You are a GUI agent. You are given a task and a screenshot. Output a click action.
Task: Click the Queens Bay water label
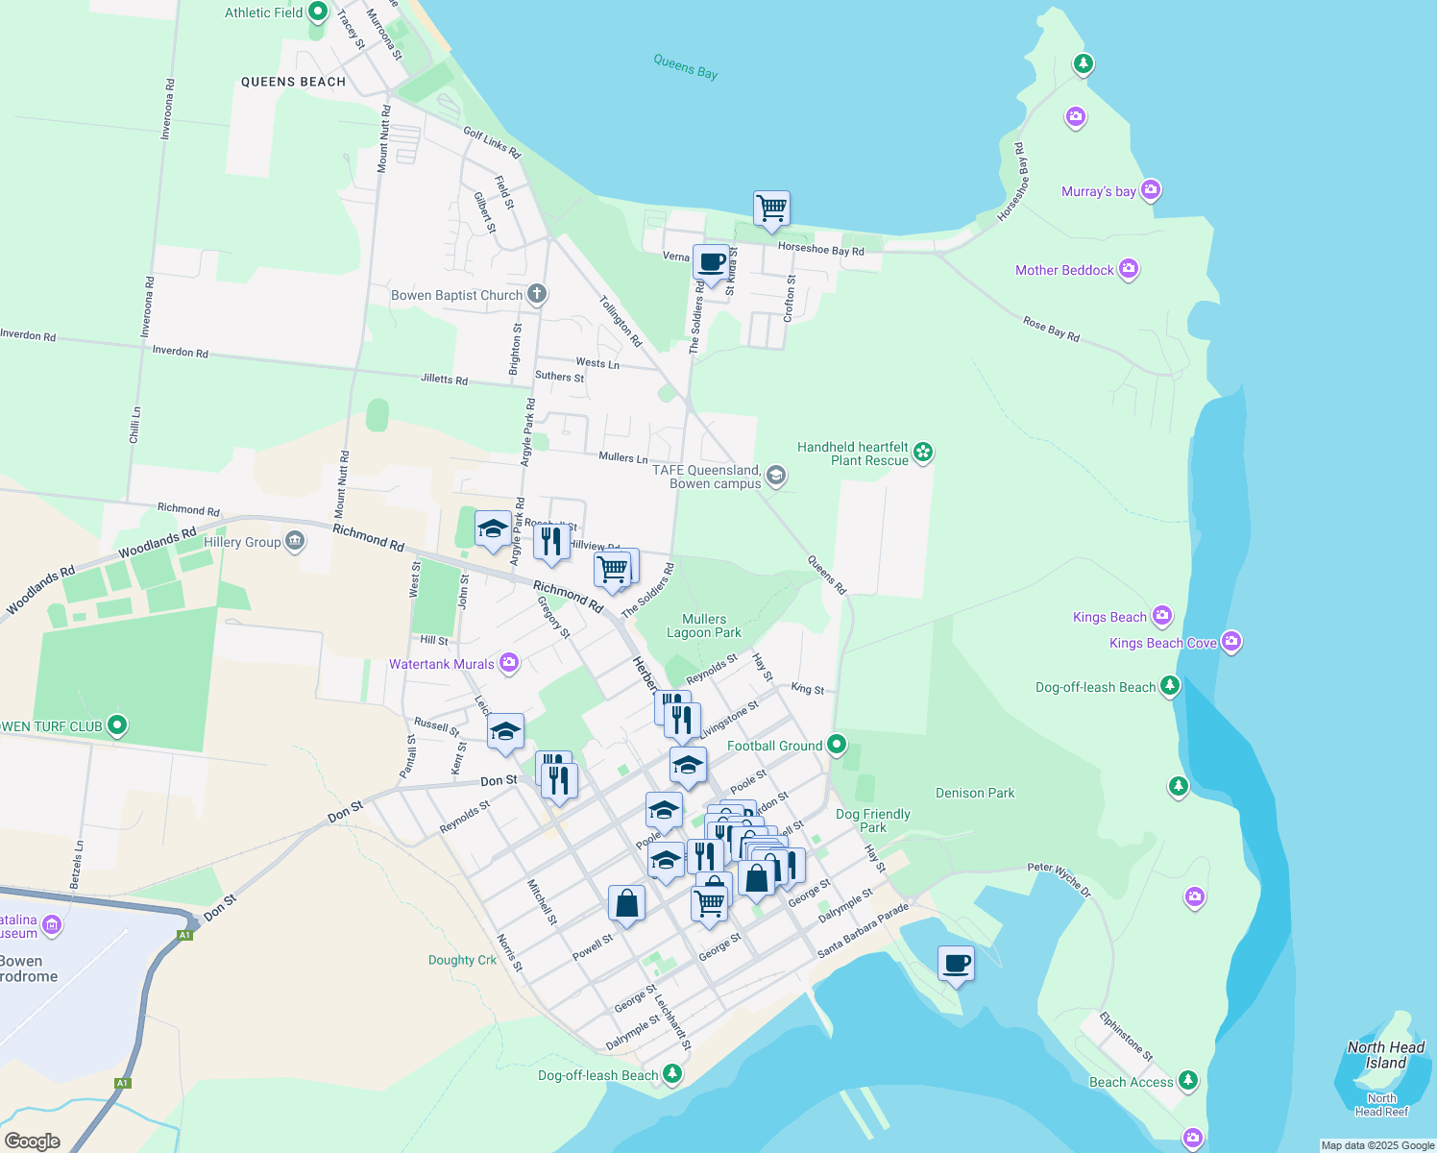pyautogui.click(x=686, y=66)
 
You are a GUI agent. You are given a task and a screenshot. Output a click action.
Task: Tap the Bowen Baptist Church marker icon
pyautogui.click(x=536, y=294)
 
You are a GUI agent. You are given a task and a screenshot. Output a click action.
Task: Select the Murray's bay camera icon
pyautogui.click(x=1151, y=190)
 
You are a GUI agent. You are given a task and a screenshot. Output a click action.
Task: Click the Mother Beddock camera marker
pyautogui.click(x=1129, y=269)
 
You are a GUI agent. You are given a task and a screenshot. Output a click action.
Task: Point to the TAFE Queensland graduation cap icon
pyautogui.click(x=776, y=476)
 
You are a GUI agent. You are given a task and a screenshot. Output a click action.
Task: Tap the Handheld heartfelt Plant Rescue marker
pyautogui.click(x=923, y=452)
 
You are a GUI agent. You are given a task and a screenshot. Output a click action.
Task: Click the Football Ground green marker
pyautogui.click(x=837, y=745)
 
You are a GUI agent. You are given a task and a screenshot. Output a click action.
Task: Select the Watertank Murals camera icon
pyautogui.click(x=509, y=663)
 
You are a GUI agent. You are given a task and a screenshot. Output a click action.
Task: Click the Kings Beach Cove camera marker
pyautogui.click(x=1231, y=642)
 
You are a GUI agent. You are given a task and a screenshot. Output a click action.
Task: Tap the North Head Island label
pyautogui.click(x=1385, y=1055)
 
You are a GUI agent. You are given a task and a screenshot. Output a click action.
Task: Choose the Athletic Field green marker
pyautogui.click(x=318, y=13)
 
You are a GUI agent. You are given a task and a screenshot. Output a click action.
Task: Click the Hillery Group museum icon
pyautogui.click(x=295, y=541)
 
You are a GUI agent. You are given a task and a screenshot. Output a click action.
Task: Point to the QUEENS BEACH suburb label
pyautogui.click(x=293, y=82)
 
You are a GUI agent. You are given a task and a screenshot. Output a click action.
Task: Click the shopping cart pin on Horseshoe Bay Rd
pyautogui.click(x=771, y=208)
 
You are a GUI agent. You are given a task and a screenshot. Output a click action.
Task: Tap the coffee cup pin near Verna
pyautogui.click(x=711, y=261)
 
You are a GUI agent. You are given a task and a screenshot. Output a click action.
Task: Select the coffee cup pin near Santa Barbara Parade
pyautogui.click(x=956, y=963)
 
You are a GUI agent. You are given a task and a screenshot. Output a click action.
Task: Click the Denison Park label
pyautogui.click(x=975, y=793)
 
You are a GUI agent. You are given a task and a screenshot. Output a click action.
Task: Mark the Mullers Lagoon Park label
pyautogui.click(x=704, y=626)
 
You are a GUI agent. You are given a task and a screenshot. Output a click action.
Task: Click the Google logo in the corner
pyautogui.click(x=33, y=1141)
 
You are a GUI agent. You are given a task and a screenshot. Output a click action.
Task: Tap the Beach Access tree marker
pyautogui.click(x=1188, y=1081)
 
